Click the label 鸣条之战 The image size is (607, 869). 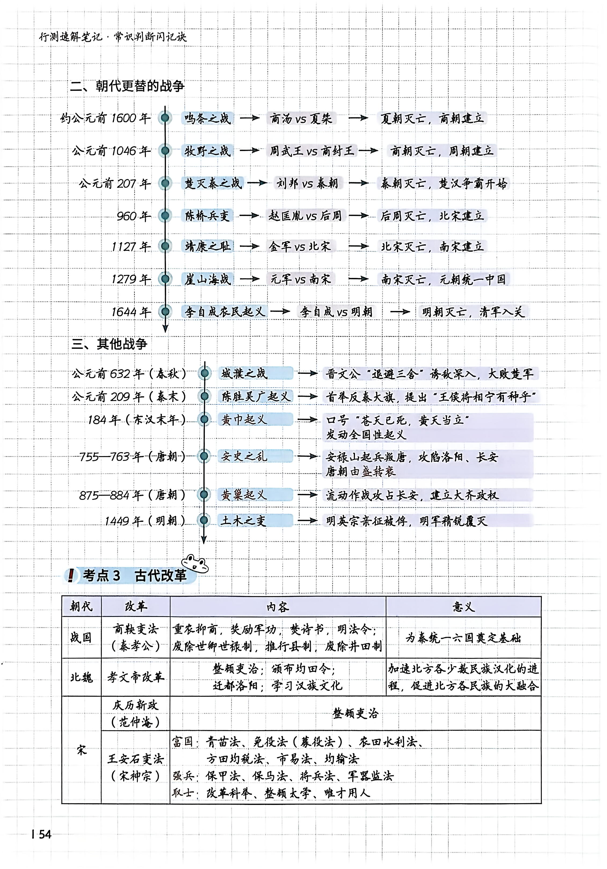207,118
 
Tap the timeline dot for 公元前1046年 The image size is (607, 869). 165,151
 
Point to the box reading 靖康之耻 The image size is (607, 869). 207,247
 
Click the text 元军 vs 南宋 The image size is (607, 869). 300,279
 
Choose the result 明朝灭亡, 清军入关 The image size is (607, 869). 473,312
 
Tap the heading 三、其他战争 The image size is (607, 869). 109,344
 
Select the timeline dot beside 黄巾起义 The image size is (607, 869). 204,419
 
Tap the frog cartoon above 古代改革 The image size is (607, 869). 195,564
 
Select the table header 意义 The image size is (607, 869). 463,607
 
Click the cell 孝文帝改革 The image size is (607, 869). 136,677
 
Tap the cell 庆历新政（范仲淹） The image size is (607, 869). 136,714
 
